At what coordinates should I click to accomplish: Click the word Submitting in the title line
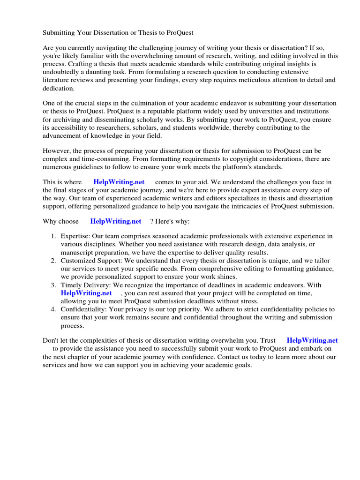pos(60,33)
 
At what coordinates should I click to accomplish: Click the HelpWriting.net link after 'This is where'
pos(119,182)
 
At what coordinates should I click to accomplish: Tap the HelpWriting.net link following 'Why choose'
pos(116,221)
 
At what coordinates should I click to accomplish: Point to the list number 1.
pos(53,236)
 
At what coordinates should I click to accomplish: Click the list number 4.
pos(53,309)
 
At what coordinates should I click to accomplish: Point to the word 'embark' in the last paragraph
pos(303,349)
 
